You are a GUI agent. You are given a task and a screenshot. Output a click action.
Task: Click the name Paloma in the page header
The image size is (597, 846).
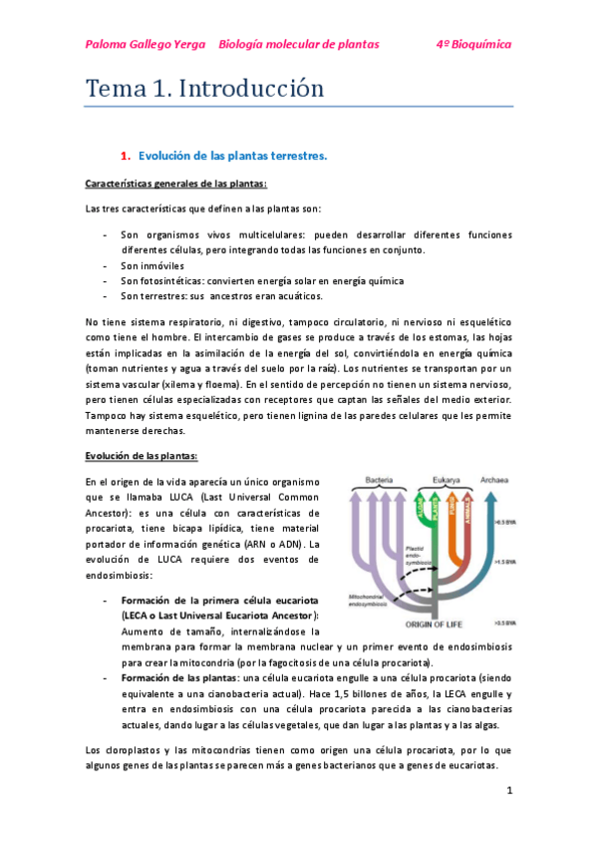click(x=109, y=45)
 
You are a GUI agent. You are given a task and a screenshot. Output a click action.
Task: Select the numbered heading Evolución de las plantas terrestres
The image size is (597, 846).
click(x=233, y=156)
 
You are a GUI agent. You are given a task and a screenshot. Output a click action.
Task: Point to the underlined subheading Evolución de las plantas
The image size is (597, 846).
click(x=142, y=455)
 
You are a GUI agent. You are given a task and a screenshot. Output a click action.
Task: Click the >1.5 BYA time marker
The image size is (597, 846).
click(x=505, y=562)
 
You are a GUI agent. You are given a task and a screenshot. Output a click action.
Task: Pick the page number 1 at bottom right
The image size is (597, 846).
click(x=508, y=791)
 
